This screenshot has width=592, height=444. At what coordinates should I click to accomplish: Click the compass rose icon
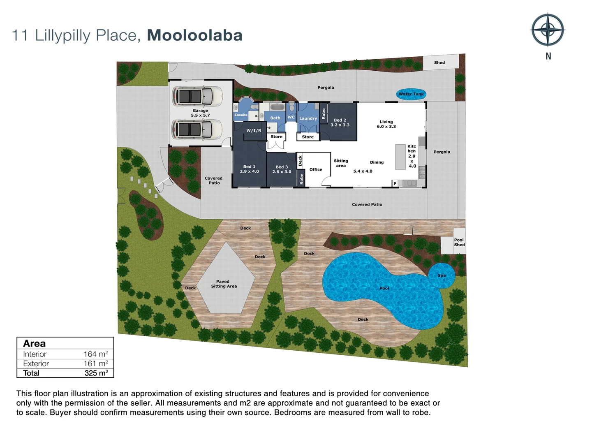548,30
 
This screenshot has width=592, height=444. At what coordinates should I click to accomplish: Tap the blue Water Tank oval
411,94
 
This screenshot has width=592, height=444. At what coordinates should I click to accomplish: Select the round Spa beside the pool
442,275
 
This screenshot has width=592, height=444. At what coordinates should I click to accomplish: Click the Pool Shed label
459,242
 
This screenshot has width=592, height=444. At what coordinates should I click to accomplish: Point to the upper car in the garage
197,96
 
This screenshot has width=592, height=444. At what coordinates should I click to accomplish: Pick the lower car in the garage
197,129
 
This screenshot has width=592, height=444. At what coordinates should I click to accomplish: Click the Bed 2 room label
340,123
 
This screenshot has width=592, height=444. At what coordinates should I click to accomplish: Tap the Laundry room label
308,118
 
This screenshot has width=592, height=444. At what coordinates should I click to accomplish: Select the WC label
291,117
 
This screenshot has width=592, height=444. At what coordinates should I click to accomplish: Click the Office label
316,169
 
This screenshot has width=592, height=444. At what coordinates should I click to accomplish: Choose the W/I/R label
254,131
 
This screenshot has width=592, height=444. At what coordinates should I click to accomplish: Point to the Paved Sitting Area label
224,284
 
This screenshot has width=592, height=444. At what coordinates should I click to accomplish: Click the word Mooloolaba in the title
194,35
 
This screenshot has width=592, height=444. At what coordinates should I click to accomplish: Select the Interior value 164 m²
95,354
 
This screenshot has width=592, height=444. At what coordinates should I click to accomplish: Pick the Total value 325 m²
96,373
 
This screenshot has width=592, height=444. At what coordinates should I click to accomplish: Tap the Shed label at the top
439,62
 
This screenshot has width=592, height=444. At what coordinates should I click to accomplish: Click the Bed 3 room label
282,169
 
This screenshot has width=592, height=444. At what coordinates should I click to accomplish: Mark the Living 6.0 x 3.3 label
386,124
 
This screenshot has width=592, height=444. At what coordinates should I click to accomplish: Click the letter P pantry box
395,183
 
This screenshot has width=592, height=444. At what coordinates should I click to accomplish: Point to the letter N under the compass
548,56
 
